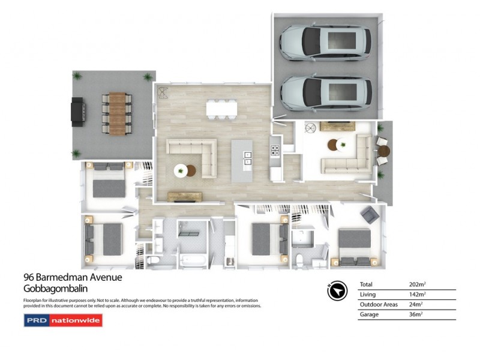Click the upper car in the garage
point(325,41)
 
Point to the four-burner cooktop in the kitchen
point(275,151)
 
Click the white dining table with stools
point(221,108)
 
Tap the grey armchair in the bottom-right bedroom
point(370,214)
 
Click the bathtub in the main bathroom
point(191,260)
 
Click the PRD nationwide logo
point(62,320)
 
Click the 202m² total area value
point(417,284)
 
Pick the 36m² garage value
point(415,314)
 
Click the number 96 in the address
point(28,277)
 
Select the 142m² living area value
point(417,294)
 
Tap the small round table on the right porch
point(383,150)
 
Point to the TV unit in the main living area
point(184,196)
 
